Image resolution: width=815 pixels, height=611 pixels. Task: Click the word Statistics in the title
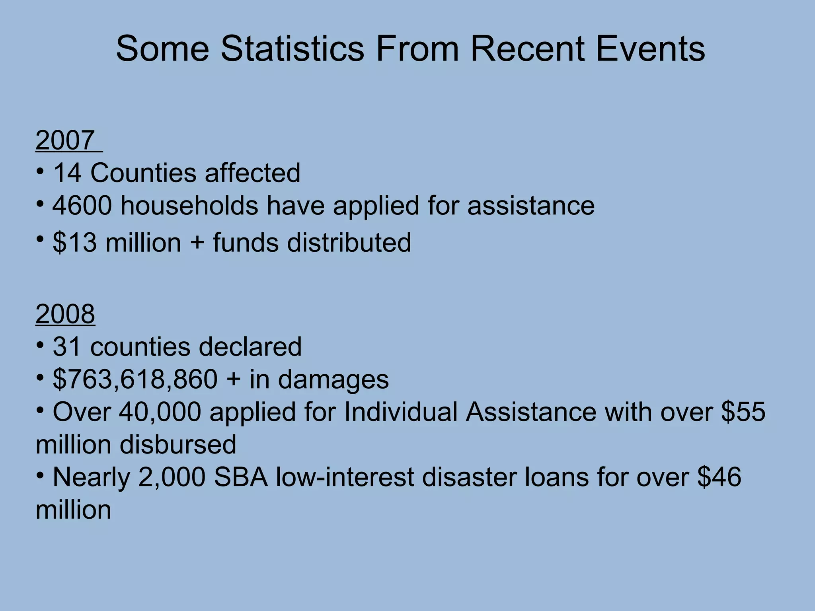point(292,49)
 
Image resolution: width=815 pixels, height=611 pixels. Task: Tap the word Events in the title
point(650,49)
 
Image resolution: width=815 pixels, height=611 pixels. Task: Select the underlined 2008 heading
point(65,314)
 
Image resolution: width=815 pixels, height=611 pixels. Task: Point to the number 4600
point(82,206)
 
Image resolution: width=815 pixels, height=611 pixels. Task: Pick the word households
point(189,206)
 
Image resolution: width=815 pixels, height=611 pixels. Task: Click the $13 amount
point(75,243)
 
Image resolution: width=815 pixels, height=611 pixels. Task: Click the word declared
point(250,347)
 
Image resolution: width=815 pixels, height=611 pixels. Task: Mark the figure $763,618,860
point(135,379)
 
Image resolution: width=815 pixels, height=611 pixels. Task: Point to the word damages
point(333,379)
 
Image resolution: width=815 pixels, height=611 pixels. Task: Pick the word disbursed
point(178,444)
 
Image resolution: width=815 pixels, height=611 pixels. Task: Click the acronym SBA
point(241,477)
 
